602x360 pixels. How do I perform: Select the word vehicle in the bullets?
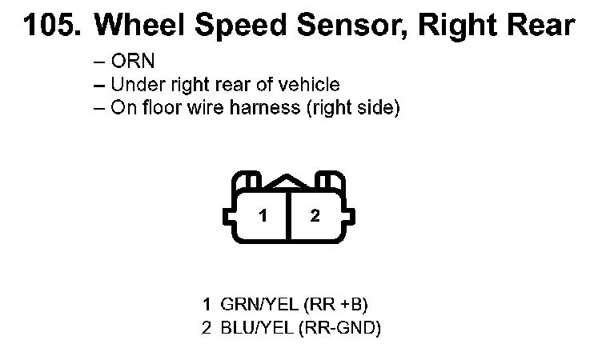tap(310, 85)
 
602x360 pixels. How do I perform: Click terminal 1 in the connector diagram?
tap(262, 215)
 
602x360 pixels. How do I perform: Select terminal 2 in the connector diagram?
tap(315, 215)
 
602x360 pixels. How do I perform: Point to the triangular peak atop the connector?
tap(288, 183)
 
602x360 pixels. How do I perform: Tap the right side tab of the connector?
tap(351, 215)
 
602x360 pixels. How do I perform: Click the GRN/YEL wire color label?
tap(247, 305)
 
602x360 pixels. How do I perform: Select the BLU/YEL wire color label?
tap(245, 328)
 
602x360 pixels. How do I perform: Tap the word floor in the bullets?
tap(161, 108)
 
